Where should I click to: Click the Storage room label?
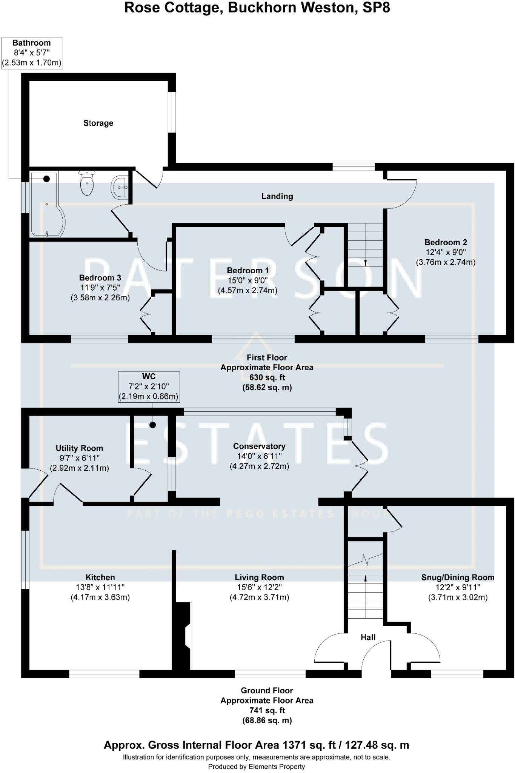[98, 123]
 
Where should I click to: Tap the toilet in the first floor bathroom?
[87, 183]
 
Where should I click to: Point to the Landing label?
[277, 196]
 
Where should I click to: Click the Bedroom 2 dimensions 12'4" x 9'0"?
[445, 252]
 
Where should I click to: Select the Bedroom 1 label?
[248, 271]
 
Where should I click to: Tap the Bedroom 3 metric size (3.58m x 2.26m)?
[100, 298]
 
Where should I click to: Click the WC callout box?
[149, 386]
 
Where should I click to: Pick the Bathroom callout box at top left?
[32, 53]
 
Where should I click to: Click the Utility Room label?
[79, 448]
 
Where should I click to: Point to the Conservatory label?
[259, 446]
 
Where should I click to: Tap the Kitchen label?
[100, 577]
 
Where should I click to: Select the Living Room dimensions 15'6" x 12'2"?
[259, 587]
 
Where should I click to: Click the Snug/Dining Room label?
[458, 577]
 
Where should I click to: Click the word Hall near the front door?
[368, 637]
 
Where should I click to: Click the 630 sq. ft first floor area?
[267, 377]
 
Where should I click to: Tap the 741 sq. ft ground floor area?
[267, 710]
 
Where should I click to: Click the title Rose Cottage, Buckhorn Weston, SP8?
[257, 8]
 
